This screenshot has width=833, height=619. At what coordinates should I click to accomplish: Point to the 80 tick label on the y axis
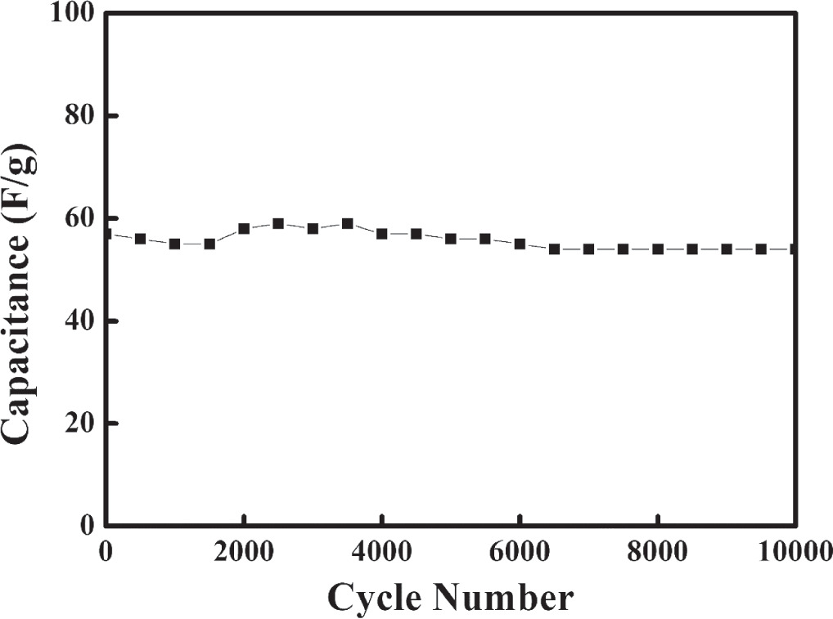click(x=80, y=116)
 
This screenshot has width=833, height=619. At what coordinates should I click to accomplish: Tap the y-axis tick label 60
click(x=80, y=218)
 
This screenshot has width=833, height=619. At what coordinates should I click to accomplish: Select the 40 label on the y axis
click(x=80, y=321)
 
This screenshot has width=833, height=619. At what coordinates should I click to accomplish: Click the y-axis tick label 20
click(x=80, y=423)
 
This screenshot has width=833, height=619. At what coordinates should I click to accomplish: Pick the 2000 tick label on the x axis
click(x=244, y=551)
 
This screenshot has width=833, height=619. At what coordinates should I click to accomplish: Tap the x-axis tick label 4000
click(x=381, y=551)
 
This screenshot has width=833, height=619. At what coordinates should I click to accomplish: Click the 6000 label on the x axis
click(x=520, y=551)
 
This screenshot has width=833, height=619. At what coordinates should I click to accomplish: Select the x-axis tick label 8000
click(x=658, y=551)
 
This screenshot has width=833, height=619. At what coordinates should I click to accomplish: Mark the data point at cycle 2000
click(x=244, y=229)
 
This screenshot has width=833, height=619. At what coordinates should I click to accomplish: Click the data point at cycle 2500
click(x=278, y=223)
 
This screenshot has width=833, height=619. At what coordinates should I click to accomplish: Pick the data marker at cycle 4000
click(x=381, y=234)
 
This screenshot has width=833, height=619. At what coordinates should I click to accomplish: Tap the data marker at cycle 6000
click(x=520, y=244)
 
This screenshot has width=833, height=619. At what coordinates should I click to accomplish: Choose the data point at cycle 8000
click(x=658, y=249)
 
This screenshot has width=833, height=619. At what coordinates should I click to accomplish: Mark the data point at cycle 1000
click(x=174, y=244)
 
